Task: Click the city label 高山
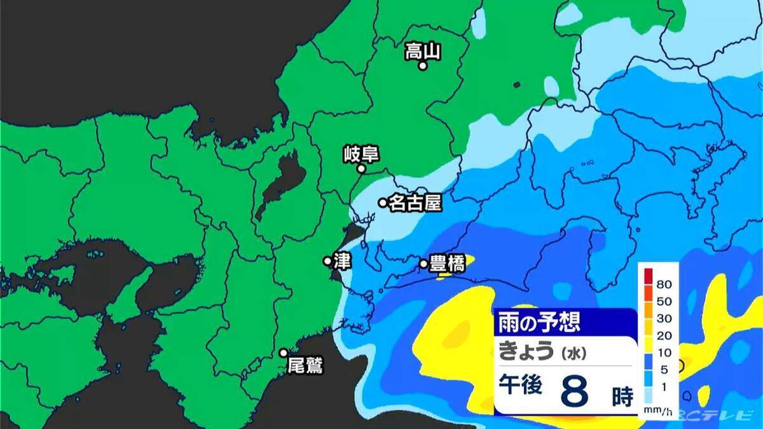tap(423, 51)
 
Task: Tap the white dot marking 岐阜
tap(361, 169)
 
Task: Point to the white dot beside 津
tap(327, 261)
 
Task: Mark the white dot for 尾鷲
tap(284, 353)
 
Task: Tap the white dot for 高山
tap(422, 65)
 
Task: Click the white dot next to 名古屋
tap(383, 203)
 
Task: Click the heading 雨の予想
tap(539, 322)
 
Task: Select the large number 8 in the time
tap(574, 393)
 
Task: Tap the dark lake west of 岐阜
tap(280, 184)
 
